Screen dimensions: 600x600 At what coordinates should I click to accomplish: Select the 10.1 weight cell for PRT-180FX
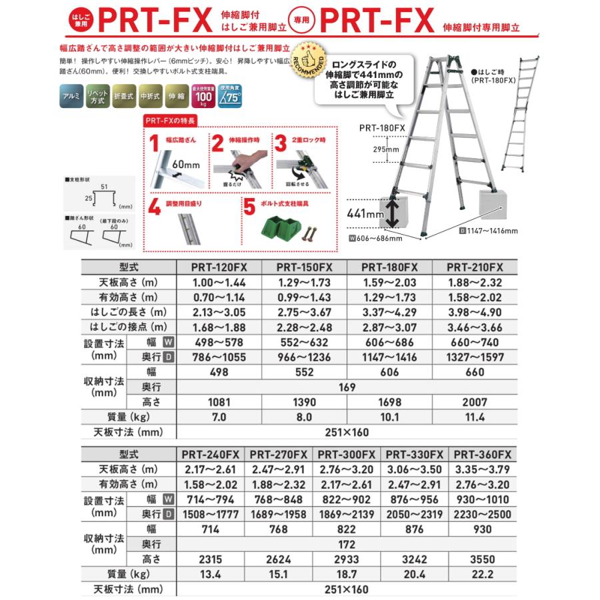point(389,417)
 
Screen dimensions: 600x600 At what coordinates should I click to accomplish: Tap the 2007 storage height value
point(477,403)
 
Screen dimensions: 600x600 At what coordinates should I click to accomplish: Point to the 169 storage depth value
point(347,387)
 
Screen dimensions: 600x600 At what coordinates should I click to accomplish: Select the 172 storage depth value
point(347,545)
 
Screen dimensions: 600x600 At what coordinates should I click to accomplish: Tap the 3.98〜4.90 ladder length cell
point(477,312)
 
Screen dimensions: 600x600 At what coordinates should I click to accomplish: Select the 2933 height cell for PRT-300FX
point(347,559)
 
